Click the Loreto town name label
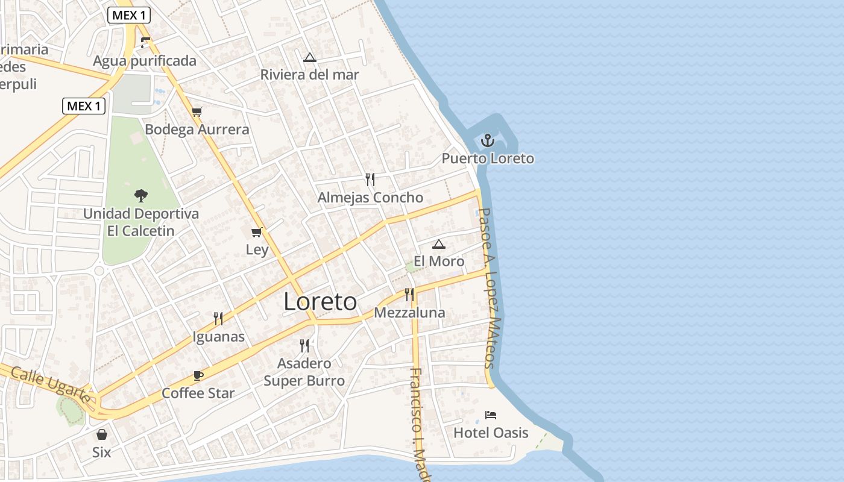(320, 302)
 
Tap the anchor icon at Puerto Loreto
(487, 141)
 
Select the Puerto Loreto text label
(488, 158)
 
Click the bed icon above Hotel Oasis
(491, 415)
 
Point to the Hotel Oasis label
(491, 433)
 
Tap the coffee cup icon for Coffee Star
(198, 376)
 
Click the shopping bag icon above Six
(102, 434)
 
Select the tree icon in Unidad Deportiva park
(141, 195)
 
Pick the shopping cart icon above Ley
(257, 232)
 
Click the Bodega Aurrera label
(197, 130)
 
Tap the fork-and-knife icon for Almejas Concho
(370, 179)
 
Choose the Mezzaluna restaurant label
(409, 313)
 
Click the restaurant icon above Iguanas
(218, 319)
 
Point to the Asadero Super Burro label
(304, 372)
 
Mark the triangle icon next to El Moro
(439, 244)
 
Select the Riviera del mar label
(309, 75)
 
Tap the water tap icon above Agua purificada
(144, 43)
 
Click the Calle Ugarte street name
(51, 386)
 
